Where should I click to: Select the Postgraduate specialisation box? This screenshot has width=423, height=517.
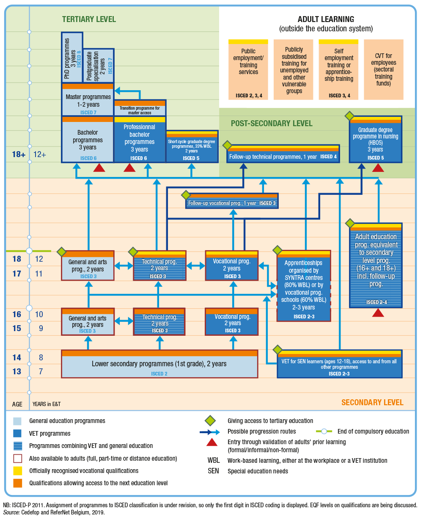tap(98, 66)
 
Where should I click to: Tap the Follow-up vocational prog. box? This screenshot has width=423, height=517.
tap(232, 203)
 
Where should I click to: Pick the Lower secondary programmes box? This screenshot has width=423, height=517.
tap(159, 364)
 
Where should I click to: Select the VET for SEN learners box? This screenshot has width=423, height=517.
tap(339, 364)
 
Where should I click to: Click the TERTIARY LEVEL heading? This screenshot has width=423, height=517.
tap(89, 19)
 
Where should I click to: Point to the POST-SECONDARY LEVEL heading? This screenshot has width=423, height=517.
tap(272, 124)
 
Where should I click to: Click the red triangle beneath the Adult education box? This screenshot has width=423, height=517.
tap(378, 313)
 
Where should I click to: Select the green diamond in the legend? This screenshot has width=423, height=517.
tap(210, 421)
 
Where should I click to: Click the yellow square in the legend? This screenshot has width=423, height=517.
tap(18, 471)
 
